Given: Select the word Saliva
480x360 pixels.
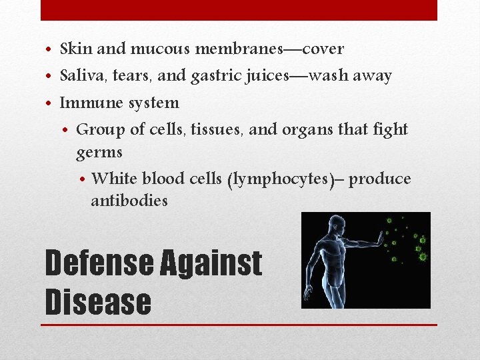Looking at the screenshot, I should [x=79, y=76].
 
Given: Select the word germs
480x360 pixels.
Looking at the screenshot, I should [x=99, y=153].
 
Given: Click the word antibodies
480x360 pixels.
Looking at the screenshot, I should [x=129, y=201].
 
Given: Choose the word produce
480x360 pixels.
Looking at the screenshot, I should [x=380, y=179].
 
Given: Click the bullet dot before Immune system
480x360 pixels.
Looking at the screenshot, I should [x=51, y=104].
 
